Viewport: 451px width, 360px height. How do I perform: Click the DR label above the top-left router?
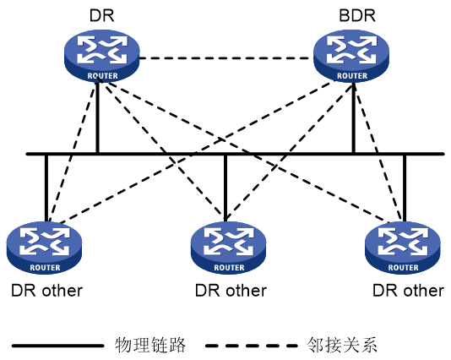pyautogui.click(x=102, y=15)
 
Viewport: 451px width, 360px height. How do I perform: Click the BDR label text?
pyautogui.click(x=357, y=15)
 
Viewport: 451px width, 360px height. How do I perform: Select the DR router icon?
pyautogui.click(x=102, y=56)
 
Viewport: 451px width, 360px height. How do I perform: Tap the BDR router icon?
pyautogui.click(x=351, y=56)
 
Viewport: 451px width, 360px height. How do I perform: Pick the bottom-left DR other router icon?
pyautogui.click(x=44, y=248)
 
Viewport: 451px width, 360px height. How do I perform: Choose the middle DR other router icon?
pyautogui.click(x=228, y=248)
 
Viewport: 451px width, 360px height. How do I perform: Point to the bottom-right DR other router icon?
pyautogui.click(x=403, y=248)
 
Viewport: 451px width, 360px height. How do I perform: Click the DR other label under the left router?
pyautogui.click(x=47, y=291)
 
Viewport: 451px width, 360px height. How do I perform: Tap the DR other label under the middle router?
pyautogui.click(x=231, y=291)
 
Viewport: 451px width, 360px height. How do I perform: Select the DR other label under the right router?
pyautogui.click(x=409, y=291)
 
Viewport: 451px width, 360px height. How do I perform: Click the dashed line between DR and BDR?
pyautogui.click(x=226, y=58)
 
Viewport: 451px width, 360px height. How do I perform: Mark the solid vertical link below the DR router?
pyautogui.click(x=97, y=117)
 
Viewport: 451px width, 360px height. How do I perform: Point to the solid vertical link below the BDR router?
pyautogui.click(x=354, y=117)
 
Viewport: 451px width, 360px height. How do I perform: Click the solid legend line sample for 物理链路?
pyautogui.click(x=57, y=346)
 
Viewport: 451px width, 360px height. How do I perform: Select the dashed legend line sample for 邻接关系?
pyautogui.click(x=252, y=346)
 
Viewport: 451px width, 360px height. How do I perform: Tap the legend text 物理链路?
pyautogui.click(x=150, y=345)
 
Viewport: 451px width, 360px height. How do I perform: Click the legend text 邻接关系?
pyautogui.click(x=342, y=345)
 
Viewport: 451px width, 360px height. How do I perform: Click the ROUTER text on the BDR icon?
pyautogui.click(x=352, y=76)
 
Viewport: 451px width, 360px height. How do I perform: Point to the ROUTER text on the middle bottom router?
pyautogui.click(x=229, y=268)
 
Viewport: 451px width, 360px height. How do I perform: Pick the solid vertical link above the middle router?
pyautogui.click(x=225, y=188)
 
